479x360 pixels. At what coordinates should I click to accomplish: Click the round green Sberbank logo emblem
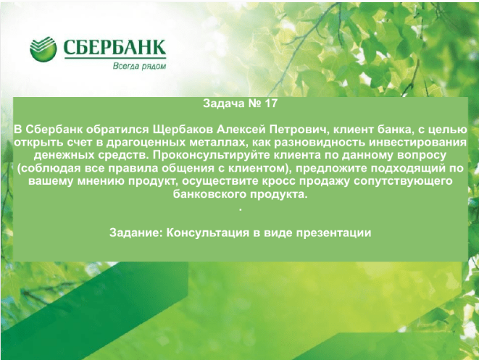click(43, 49)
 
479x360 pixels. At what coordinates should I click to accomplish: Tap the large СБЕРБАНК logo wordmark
click(114, 47)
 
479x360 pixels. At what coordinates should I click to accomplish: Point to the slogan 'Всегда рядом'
click(139, 66)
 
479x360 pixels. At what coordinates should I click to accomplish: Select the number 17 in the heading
click(271, 103)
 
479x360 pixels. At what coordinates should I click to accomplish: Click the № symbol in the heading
click(255, 103)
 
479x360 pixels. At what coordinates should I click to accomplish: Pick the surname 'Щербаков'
click(183, 130)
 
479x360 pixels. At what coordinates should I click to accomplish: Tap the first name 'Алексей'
click(241, 130)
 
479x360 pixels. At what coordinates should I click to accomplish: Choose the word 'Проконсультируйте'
click(211, 156)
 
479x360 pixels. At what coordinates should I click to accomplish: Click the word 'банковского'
click(210, 194)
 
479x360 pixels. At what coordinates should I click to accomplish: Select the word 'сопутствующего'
click(403, 181)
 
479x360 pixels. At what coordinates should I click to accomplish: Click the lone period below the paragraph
click(241, 210)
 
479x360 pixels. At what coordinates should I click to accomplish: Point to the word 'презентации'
click(333, 233)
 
